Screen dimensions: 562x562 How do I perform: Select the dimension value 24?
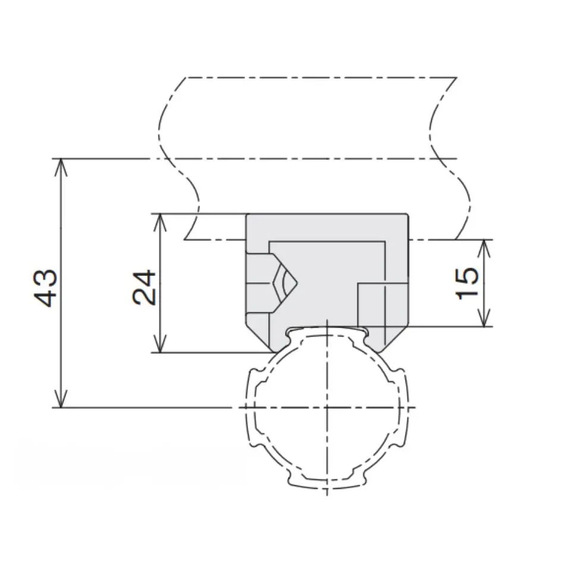click(x=145, y=287)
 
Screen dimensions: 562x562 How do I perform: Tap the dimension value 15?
click(x=468, y=283)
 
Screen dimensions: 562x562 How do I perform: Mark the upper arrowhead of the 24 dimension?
click(x=159, y=222)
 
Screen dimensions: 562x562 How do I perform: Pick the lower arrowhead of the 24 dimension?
click(x=159, y=344)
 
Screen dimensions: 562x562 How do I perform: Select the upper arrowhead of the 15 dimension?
click(x=486, y=248)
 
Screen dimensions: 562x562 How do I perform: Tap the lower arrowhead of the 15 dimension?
click(x=486, y=318)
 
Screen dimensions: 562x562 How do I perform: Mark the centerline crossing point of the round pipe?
click(x=326, y=407)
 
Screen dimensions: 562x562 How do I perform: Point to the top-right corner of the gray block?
click(x=407, y=215)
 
